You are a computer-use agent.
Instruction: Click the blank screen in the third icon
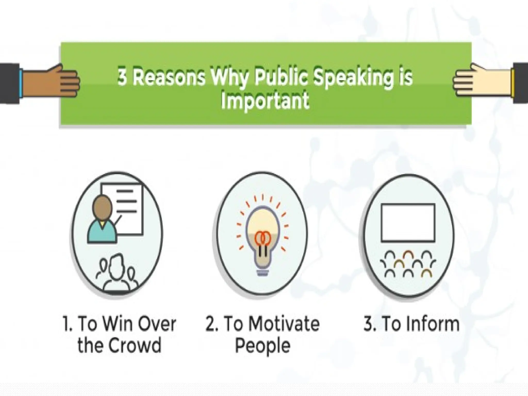[x=408, y=222]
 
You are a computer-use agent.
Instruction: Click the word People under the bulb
[x=262, y=346]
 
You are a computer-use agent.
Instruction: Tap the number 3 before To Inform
[x=368, y=324]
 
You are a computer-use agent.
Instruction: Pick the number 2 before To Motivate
[x=211, y=324]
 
